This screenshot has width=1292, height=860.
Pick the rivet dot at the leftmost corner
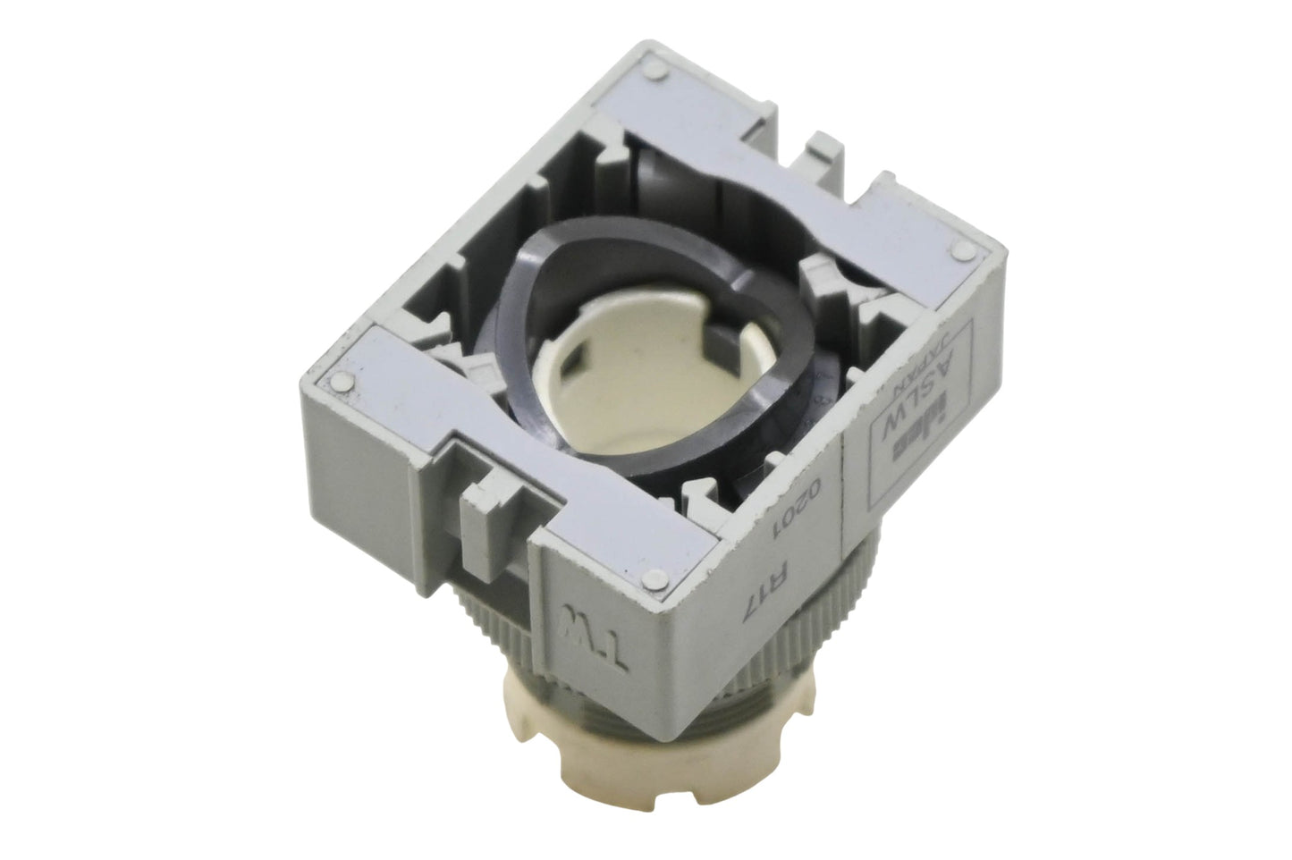[x=343, y=381]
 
